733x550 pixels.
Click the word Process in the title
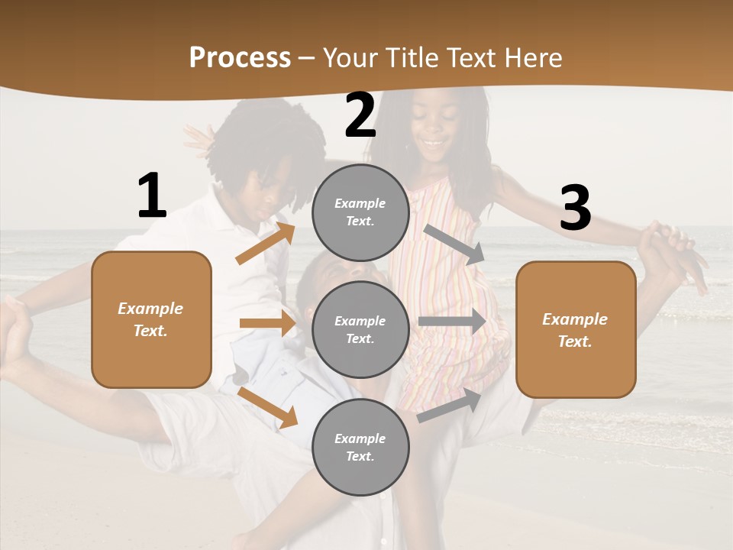(x=240, y=58)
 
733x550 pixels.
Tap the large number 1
(x=152, y=196)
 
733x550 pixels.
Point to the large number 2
(x=360, y=115)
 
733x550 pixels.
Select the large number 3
(x=575, y=209)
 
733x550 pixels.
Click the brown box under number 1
(x=151, y=319)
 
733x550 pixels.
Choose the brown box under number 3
(x=576, y=329)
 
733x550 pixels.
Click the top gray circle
(x=360, y=212)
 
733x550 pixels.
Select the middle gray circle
(x=360, y=329)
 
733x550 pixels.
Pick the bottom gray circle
(x=360, y=447)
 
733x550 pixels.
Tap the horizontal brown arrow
(x=267, y=323)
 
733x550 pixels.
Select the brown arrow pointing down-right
(x=267, y=406)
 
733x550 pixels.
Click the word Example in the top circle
(x=360, y=203)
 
